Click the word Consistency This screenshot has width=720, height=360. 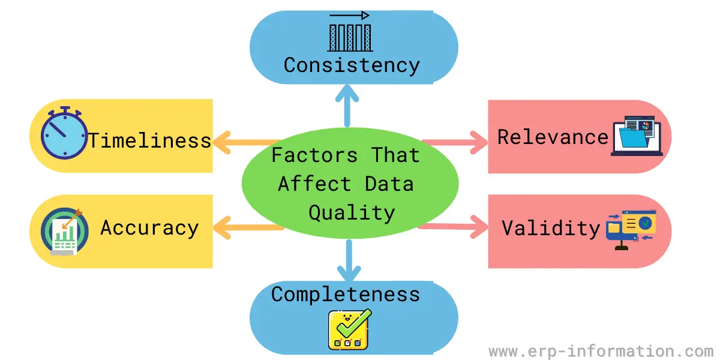tap(352, 66)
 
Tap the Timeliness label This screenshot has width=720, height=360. tap(149, 140)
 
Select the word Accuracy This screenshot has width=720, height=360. tap(150, 229)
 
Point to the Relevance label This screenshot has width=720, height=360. tap(553, 137)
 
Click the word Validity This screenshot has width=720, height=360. tap(551, 229)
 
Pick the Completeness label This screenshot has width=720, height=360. tap(346, 295)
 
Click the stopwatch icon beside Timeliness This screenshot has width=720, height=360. tap(64, 133)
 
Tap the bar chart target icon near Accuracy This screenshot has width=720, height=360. tap(65, 232)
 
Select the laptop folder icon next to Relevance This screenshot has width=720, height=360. tap(637, 136)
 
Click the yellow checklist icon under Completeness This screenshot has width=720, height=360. tap(349, 329)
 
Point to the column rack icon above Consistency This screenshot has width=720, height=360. tap(350, 31)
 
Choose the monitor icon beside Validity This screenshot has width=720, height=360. tap(631, 229)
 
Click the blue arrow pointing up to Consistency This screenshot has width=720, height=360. tap(347, 106)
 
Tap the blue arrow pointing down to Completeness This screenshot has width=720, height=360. tap(349, 260)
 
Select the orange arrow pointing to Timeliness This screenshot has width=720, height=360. tap(247, 143)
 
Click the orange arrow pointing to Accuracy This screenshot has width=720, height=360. tap(248, 228)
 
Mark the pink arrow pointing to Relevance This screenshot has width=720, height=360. tap(455, 142)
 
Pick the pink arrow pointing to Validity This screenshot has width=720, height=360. tap(453, 227)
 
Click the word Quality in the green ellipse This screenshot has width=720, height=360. tap(352, 213)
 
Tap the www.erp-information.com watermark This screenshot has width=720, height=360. tap(601, 351)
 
